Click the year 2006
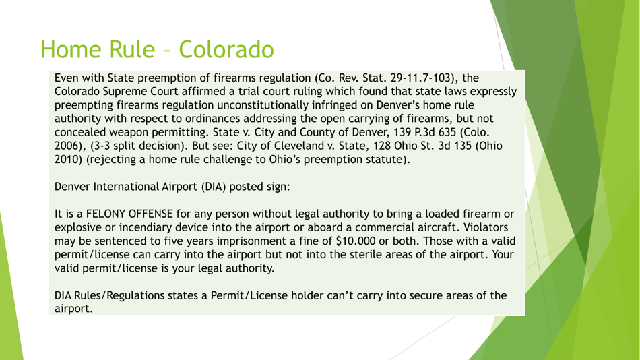[69, 148]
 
